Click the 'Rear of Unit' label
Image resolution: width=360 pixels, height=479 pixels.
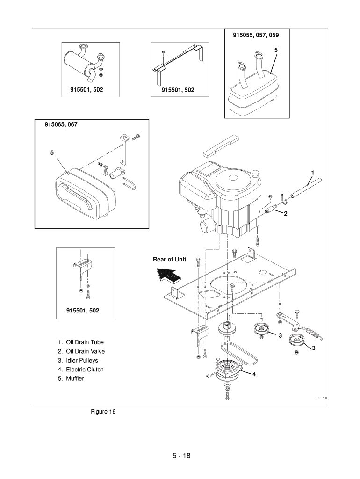(169, 259)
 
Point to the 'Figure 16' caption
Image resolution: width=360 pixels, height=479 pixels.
(103, 412)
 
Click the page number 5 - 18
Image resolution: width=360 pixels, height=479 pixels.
(181, 456)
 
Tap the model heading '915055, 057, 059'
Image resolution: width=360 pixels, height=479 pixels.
(256, 35)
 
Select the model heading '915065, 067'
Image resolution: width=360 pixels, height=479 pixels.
(61, 124)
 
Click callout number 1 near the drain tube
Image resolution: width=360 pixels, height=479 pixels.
(312, 173)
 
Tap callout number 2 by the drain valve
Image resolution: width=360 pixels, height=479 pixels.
(286, 214)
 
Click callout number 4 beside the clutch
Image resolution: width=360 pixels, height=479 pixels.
(254, 374)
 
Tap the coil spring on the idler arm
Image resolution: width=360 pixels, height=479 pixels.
(313, 332)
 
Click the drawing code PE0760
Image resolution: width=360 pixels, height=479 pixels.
(322, 398)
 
